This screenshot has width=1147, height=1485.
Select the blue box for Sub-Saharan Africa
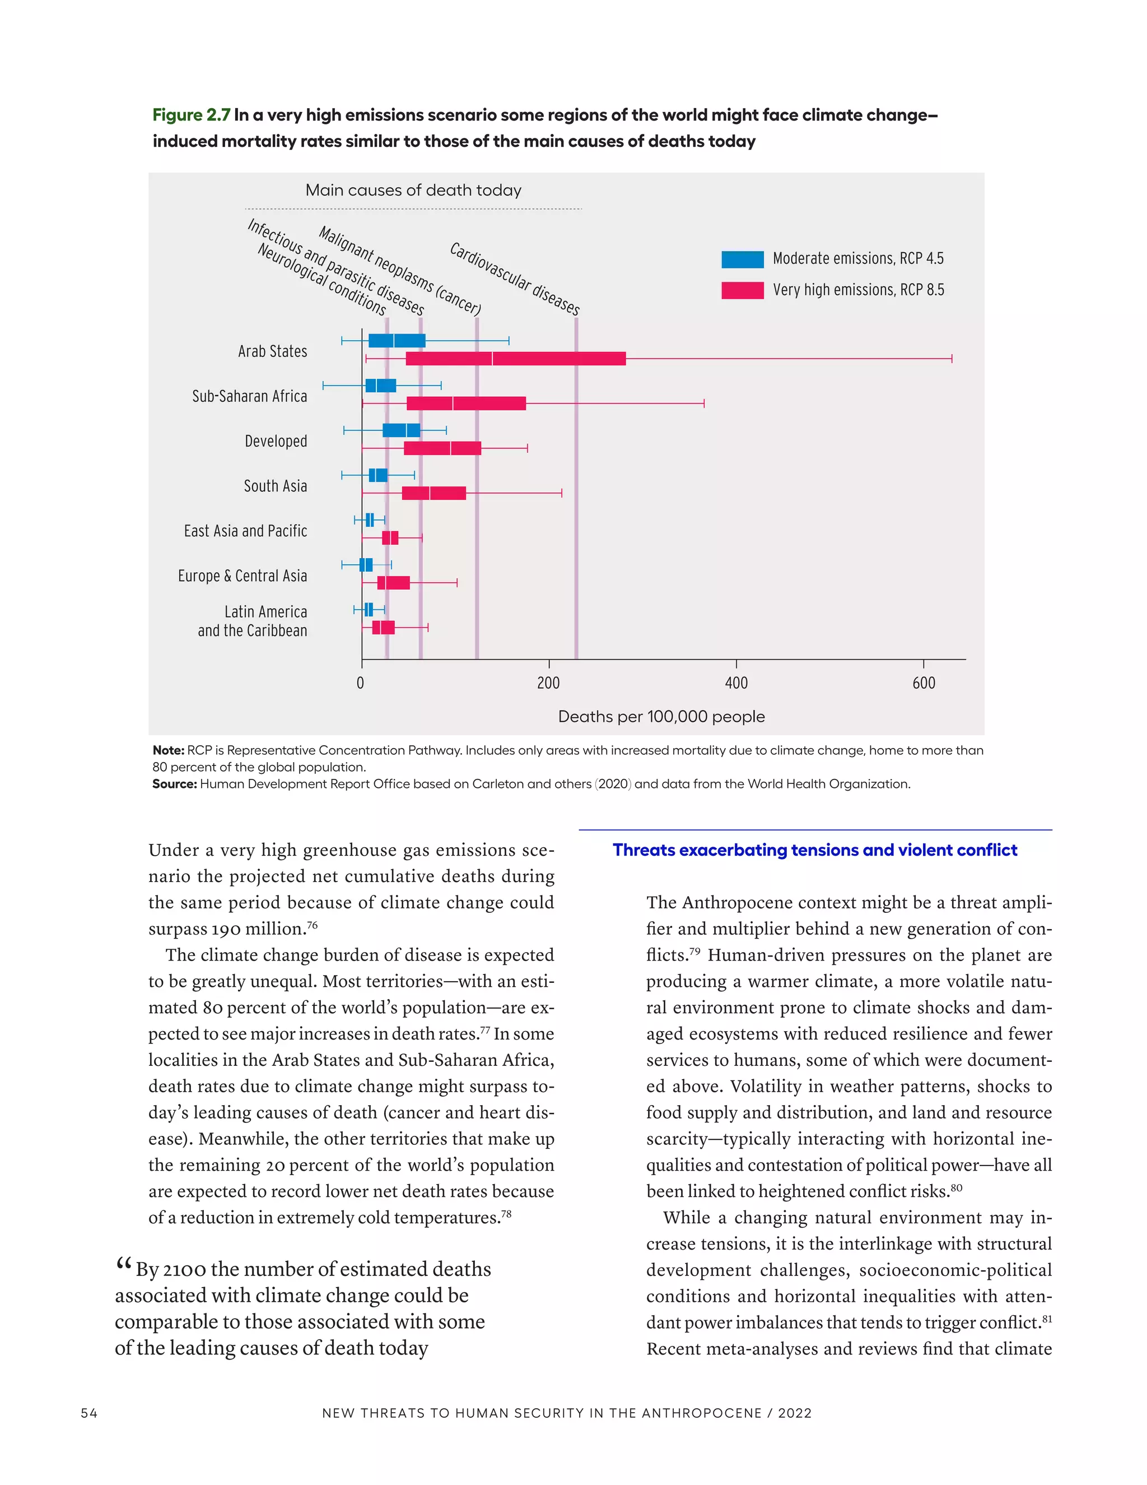pyautogui.click(x=380, y=386)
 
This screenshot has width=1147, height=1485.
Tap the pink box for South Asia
pyautogui.click(x=433, y=493)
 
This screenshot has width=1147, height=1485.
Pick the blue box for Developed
pyautogui.click(x=401, y=430)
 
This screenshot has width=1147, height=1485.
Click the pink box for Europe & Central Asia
pyautogui.click(x=393, y=583)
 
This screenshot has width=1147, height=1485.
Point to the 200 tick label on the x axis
pyautogui.click(x=548, y=683)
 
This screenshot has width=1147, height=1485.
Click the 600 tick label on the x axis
pyautogui.click(x=924, y=683)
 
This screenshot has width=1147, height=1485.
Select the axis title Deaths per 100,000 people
pyautogui.click(x=661, y=717)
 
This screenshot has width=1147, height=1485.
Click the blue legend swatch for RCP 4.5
pyautogui.click(x=742, y=259)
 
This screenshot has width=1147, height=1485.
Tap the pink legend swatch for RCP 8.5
pyautogui.click(x=742, y=290)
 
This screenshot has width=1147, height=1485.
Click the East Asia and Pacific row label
pyautogui.click(x=245, y=531)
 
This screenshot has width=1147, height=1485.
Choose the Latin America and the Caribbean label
pyautogui.click(x=253, y=621)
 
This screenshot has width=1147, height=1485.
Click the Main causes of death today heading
pyautogui.click(x=413, y=191)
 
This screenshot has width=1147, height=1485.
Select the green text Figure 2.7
pyautogui.click(x=191, y=115)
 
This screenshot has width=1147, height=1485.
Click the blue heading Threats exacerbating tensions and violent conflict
pyautogui.click(x=815, y=850)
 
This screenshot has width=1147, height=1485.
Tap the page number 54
pyautogui.click(x=89, y=1413)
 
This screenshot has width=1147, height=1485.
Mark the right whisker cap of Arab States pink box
pyautogui.click(x=952, y=358)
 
